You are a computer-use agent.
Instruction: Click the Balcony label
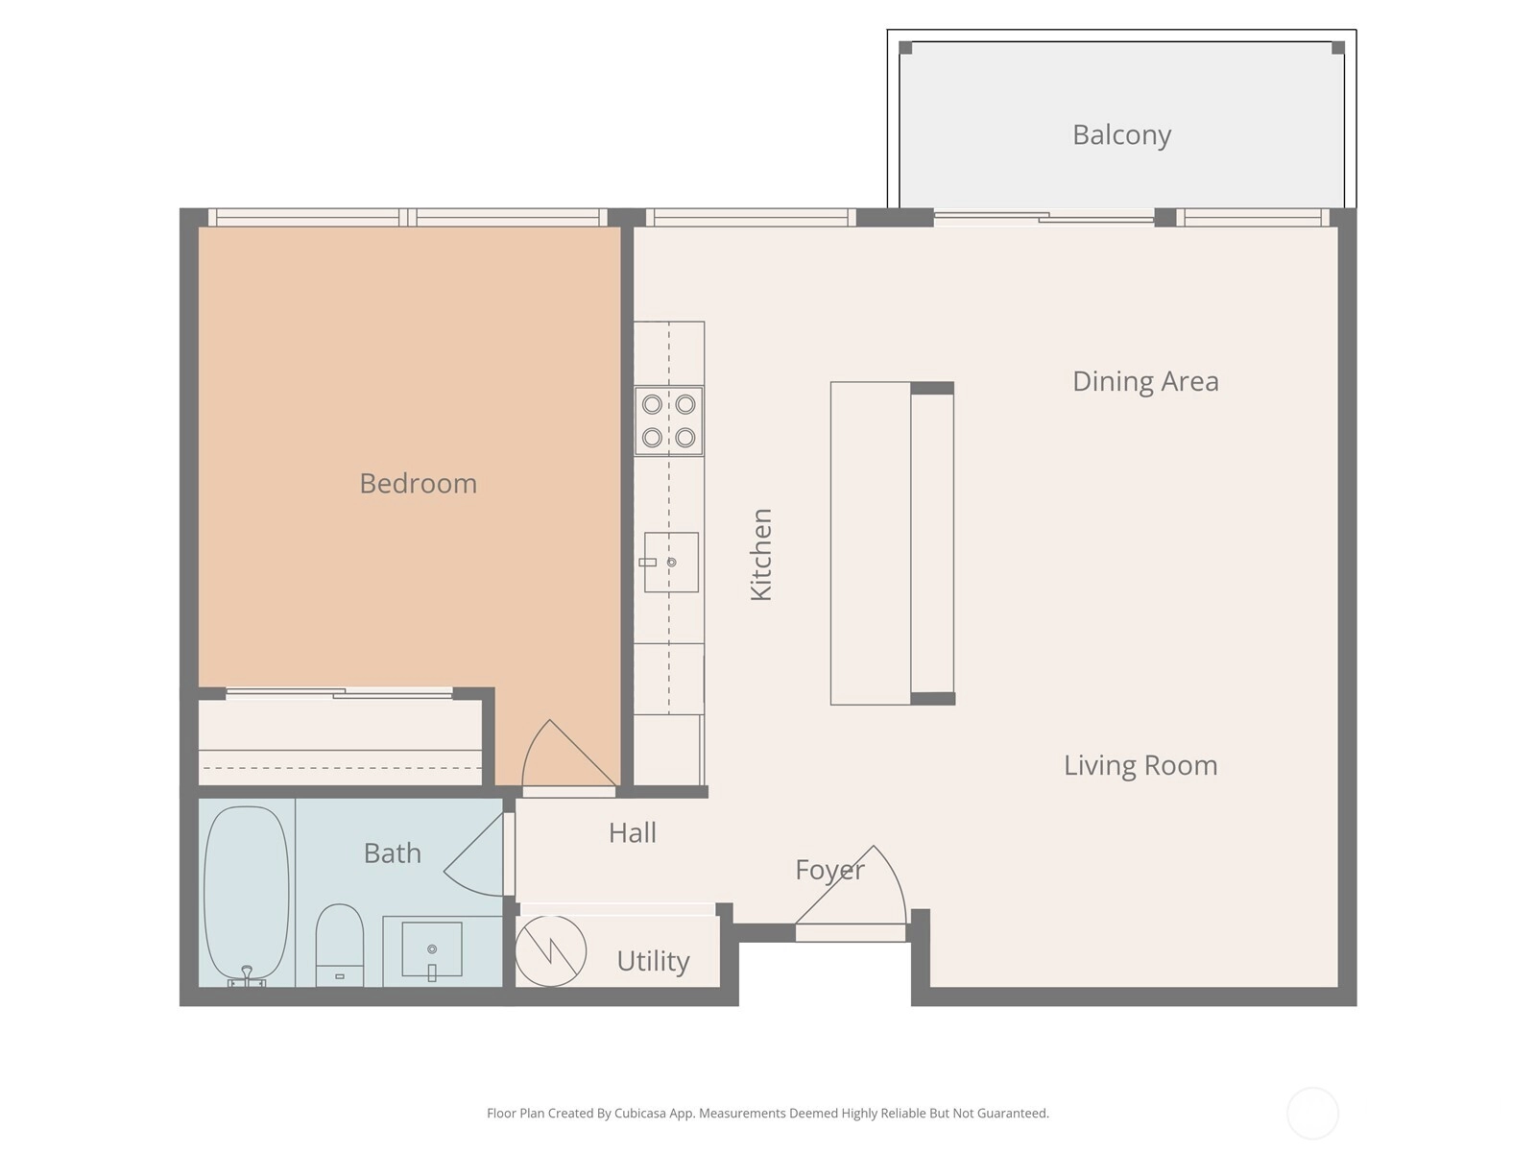pos(1121,135)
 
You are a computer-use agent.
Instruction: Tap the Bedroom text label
pos(418,483)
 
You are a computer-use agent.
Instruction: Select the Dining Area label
pos(1145,381)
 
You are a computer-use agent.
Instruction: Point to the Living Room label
pos(1140,765)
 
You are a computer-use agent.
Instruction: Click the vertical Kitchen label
pos(760,554)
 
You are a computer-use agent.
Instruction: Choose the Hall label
pos(632,832)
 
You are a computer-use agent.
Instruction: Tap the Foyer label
pos(829,870)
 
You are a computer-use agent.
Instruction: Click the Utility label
pos(653,961)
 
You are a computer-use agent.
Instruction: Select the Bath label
pos(392,852)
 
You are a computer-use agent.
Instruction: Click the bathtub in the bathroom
pos(247,896)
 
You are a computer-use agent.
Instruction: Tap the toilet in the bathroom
pos(340,945)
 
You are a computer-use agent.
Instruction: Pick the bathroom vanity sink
pos(432,949)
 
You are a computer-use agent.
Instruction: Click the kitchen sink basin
pos(671,562)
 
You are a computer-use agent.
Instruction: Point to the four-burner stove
pos(668,421)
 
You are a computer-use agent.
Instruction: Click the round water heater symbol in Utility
pos(550,951)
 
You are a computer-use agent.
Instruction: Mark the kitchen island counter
pos(892,543)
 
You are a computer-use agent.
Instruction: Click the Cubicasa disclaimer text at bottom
pos(768,1113)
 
